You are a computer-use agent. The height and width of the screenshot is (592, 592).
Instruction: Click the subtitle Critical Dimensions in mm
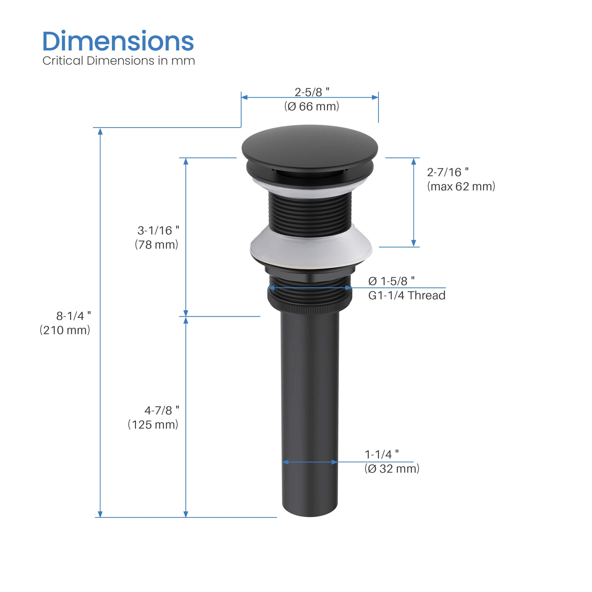coord(119,61)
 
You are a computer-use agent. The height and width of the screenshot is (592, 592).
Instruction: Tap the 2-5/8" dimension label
coord(312,92)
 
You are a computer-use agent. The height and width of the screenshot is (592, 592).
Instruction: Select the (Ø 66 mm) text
coord(312,106)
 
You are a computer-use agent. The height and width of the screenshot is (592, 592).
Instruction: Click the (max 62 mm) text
coord(461,187)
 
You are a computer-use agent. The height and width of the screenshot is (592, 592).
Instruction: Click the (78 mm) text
coord(157,245)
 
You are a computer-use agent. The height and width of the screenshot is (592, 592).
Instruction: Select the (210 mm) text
coord(65,330)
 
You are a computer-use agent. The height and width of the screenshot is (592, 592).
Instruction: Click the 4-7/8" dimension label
coord(162,411)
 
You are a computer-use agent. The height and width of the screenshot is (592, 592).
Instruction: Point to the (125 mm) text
coord(153,425)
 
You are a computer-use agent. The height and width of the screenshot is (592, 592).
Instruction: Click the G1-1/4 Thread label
coord(407,295)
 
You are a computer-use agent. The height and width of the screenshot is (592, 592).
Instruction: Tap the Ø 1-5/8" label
coord(391,281)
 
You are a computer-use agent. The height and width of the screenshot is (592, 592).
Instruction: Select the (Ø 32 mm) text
coord(392,469)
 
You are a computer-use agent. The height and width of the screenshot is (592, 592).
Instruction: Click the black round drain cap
coord(309,147)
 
